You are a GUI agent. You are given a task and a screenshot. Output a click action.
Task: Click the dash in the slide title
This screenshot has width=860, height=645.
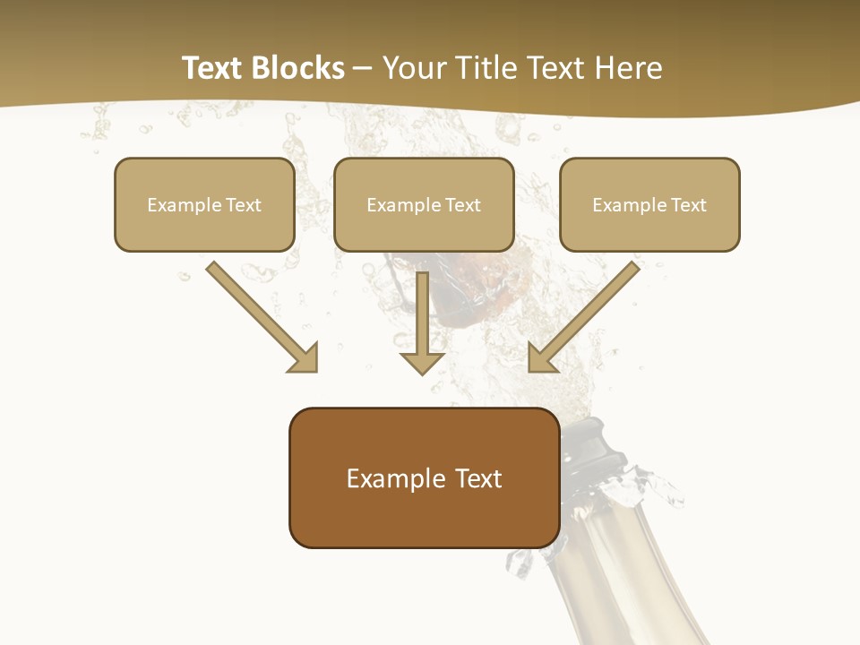[x=363, y=69]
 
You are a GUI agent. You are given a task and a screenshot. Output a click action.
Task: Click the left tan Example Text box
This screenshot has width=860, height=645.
[x=204, y=204]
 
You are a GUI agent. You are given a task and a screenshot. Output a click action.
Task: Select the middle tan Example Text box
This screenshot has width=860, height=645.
[x=424, y=204]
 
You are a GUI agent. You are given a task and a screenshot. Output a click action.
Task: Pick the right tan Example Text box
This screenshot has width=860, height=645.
[x=649, y=204]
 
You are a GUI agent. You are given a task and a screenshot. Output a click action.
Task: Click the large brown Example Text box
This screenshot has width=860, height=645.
[x=424, y=477]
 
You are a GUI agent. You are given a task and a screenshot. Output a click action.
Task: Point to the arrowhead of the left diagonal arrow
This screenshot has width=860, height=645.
[x=304, y=357]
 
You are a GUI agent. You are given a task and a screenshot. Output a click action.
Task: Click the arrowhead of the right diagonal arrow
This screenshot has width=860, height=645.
[x=542, y=357]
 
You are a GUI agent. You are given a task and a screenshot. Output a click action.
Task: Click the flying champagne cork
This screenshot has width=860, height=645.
[x=475, y=287]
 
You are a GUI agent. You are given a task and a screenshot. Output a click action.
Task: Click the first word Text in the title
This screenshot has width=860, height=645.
[x=213, y=68]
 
